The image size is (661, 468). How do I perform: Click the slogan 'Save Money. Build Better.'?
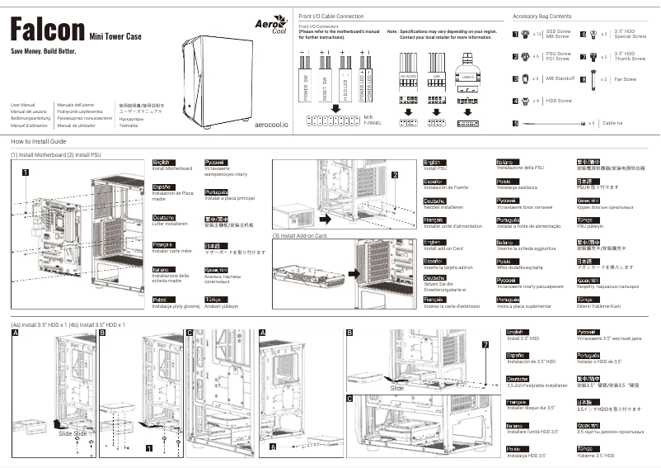click(43, 52)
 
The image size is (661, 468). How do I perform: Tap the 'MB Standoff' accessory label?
click(560, 78)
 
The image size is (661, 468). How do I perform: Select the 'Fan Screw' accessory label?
click(625, 79)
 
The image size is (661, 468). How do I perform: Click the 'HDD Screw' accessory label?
click(558, 101)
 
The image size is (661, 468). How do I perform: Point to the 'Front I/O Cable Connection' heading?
click(330, 17)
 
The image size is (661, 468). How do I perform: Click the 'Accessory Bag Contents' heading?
click(541, 17)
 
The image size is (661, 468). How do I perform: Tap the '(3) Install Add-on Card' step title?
click(299, 236)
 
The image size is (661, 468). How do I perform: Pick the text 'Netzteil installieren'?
click(443, 206)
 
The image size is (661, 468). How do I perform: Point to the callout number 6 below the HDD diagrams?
click(272, 447)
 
